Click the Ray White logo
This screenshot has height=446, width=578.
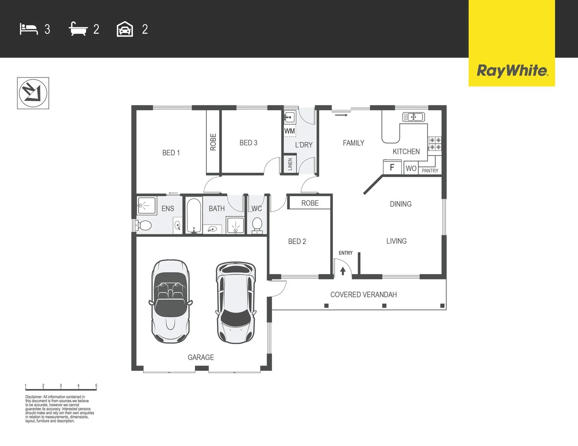tap(512, 71)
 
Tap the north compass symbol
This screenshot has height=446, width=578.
tap(33, 93)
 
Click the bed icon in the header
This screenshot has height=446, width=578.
tap(29, 29)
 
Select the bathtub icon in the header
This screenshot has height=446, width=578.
tap(78, 29)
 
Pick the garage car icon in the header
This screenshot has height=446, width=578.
tap(125, 29)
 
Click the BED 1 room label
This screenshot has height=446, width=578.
tap(171, 153)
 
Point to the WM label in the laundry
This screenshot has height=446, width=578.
tap(289, 131)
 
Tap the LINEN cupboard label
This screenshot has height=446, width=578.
tap(290, 164)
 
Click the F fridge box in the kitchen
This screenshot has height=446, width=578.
tap(392, 167)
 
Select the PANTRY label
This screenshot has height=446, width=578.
tap(430, 171)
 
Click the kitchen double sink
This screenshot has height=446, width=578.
tap(413, 117)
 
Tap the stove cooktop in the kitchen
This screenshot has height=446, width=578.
tap(435, 144)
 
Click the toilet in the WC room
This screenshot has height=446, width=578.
tap(257, 225)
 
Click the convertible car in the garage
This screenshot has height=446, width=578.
tap(170, 301)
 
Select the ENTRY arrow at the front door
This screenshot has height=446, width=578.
tap(343, 271)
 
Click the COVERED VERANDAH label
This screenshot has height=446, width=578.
tap(363, 294)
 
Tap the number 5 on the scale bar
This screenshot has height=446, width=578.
tap(96, 386)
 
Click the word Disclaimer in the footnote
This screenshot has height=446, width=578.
tap(33, 397)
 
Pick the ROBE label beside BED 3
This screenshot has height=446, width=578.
tap(213, 142)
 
